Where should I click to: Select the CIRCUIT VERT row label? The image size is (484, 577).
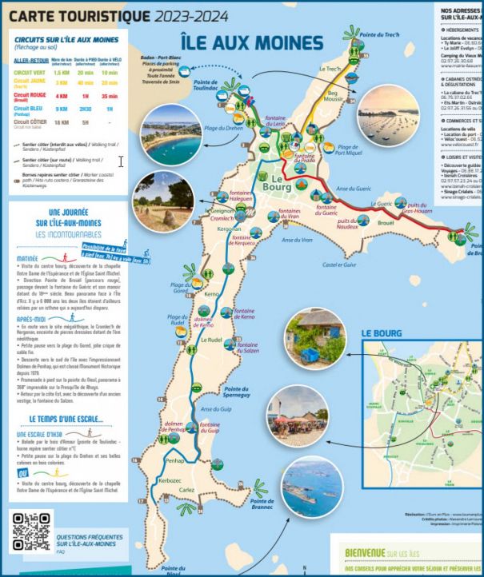click(x=29, y=72)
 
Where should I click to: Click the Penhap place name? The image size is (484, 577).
click(x=175, y=461)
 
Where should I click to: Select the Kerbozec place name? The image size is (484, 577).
click(x=170, y=481)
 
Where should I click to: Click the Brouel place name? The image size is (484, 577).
click(x=386, y=223)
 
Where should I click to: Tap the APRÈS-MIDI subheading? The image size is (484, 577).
click(x=30, y=319)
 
